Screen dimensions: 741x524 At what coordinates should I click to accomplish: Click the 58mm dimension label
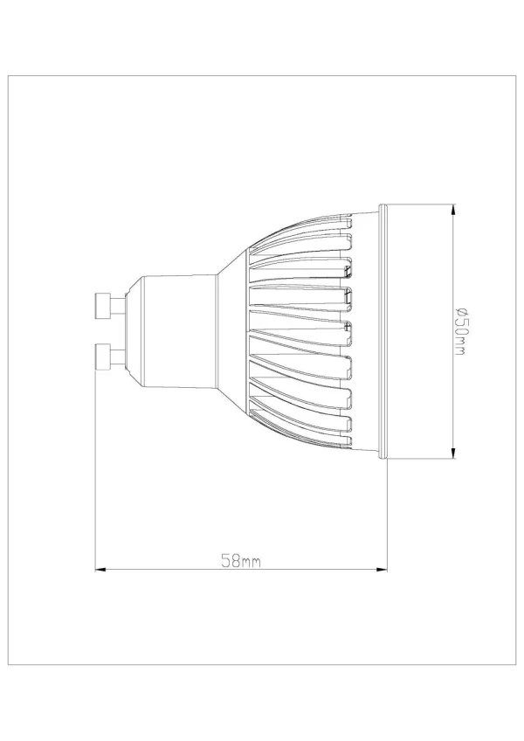coord(240,562)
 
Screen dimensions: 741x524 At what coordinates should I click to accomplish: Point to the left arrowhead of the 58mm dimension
coord(99,570)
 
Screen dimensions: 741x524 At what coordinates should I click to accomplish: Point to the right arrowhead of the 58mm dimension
coord(382,570)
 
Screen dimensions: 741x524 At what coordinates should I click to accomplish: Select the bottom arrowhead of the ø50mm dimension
coord(454,453)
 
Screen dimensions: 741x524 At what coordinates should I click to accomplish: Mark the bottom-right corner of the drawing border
coord(514,665)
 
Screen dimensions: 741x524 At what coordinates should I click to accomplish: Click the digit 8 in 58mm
coord(231,562)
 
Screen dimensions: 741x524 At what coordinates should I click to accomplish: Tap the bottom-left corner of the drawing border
coord(9,665)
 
